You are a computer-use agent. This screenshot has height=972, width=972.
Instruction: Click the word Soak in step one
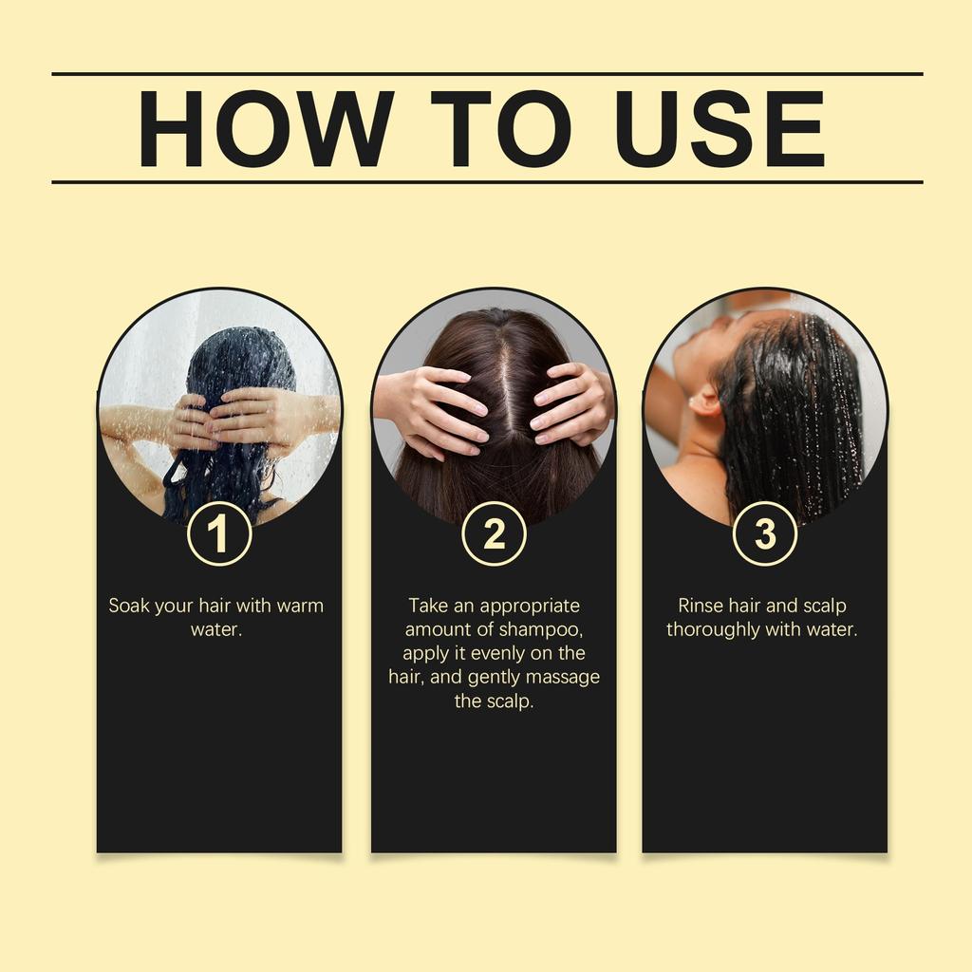[128, 606]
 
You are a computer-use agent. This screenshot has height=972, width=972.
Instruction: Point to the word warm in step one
[299, 606]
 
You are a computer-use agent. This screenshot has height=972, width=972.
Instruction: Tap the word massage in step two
[565, 678]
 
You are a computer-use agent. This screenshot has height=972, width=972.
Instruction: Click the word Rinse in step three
[701, 606]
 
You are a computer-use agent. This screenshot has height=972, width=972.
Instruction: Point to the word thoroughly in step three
[713, 629]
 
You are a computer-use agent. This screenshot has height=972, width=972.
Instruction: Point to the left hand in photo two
[432, 403]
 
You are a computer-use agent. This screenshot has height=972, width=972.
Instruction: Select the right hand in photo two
[570, 403]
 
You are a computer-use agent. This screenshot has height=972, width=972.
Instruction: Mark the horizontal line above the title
[486, 73]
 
